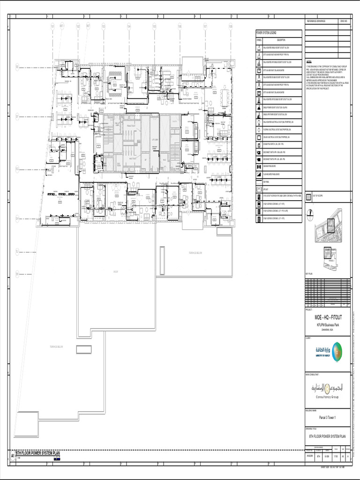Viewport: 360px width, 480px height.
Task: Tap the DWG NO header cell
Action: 343,22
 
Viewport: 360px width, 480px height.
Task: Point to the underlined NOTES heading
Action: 309,61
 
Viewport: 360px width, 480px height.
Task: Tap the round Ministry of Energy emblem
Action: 337,352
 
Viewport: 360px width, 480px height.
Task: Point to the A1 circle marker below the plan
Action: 13,455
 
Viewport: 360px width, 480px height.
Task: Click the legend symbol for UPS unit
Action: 258,189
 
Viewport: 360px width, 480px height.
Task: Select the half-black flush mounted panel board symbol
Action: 258,174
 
